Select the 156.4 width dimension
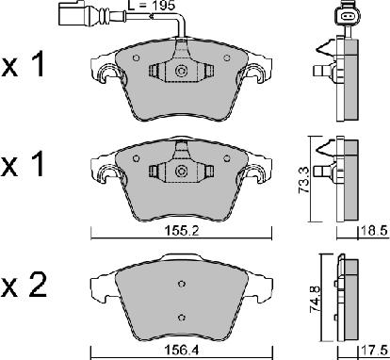pos(179,348)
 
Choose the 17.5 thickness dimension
pos(373,348)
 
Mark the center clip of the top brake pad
pos(179,72)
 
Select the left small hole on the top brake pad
pos(138,57)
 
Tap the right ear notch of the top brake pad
pos(254,74)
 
